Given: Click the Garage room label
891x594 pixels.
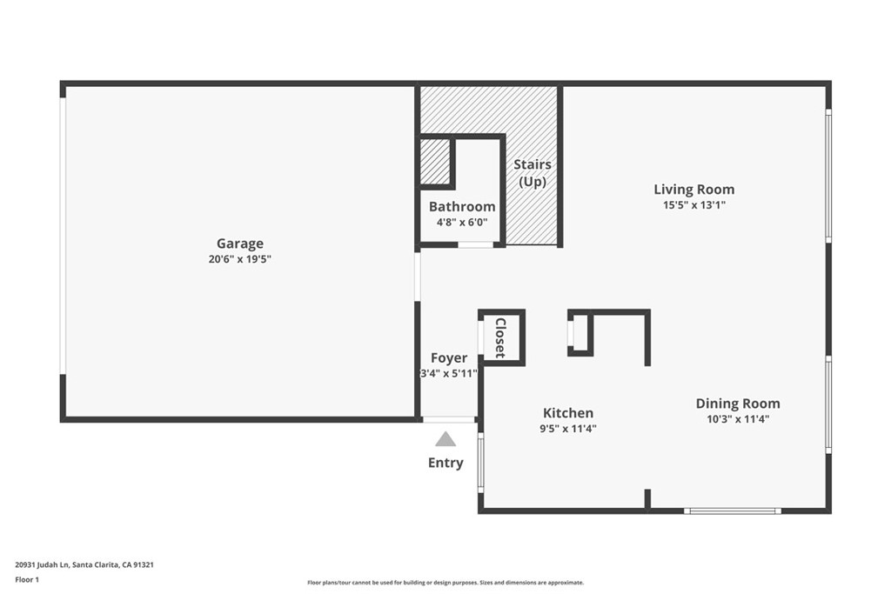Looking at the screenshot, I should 240,244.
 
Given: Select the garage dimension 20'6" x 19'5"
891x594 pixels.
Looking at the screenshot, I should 240,259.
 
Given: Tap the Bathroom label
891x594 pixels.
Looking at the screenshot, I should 462,207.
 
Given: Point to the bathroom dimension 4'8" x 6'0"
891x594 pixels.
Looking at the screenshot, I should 462,222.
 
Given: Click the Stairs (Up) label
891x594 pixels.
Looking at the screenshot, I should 533,173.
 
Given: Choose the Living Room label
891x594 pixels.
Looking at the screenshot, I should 693,190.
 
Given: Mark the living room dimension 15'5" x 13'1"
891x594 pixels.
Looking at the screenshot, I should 693,205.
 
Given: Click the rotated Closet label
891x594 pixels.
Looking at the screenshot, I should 500,337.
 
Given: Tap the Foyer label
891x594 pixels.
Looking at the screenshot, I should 449,358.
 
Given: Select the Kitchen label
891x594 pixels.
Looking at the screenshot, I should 568,413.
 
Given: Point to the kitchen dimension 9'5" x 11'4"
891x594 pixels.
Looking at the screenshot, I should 569,428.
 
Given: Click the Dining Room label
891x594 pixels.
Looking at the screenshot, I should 737,404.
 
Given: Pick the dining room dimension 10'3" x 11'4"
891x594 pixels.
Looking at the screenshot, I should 737,418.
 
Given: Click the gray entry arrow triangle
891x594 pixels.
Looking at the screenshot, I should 445,440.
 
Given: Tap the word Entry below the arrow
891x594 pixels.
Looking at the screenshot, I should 445,463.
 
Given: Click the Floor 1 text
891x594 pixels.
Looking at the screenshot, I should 27,578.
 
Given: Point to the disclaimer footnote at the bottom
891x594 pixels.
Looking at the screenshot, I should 445,583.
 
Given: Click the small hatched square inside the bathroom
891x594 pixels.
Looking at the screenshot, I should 434,162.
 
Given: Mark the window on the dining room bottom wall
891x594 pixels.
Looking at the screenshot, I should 732,511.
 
